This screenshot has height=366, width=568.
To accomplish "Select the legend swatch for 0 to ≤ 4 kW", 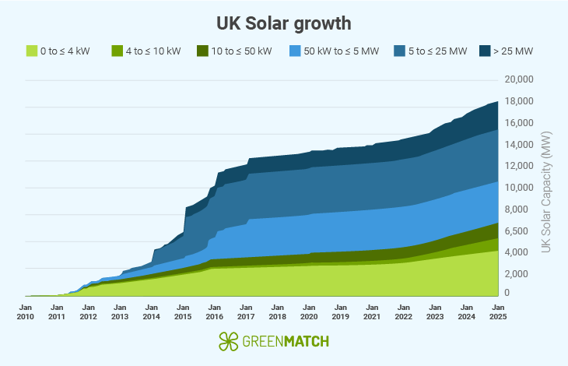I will pos(32,51).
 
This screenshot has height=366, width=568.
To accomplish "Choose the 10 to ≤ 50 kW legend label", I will pos(242,51).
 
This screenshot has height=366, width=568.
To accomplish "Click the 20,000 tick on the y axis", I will pos(518,79).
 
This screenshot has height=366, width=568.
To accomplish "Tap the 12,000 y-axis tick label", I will pos(518,166).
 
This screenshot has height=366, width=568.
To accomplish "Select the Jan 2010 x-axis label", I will pos(25,311).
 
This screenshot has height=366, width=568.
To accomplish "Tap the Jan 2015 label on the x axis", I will pos(183,311).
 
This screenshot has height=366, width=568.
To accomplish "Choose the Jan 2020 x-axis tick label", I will pos(309,311).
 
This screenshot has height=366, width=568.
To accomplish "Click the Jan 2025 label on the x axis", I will pos(498,311).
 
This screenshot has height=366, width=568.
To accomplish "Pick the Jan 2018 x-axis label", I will pos(277,311).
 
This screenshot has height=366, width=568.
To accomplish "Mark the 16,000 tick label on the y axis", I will pos(518,123).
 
